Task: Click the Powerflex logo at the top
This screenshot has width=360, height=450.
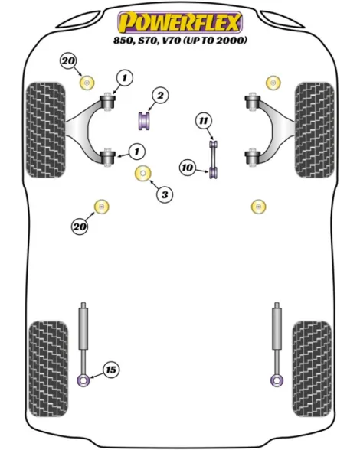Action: click(x=180, y=21)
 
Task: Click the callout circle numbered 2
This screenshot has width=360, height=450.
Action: click(x=160, y=95)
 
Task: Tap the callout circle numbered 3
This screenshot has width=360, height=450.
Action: click(x=165, y=195)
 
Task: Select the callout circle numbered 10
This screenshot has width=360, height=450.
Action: click(x=188, y=168)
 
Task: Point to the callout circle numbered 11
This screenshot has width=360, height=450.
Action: click(x=204, y=121)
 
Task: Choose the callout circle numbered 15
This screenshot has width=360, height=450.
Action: click(x=111, y=370)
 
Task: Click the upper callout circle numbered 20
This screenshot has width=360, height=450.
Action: click(x=68, y=61)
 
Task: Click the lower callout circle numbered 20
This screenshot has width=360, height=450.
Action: click(x=80, y=227)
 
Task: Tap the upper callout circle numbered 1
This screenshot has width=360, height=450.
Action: click(x=125, y=78)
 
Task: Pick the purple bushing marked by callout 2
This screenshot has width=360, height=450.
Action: click(x=145, y=121)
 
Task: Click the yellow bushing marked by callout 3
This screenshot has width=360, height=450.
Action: click(x=143, y=174)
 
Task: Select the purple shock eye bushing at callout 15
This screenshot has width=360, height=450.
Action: click(x=83, y=381)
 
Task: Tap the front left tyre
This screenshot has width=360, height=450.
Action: click(x=46, y=130)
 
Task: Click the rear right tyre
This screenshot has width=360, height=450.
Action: click(x=312, y=369)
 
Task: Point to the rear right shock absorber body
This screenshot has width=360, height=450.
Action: click(x=277, y=328)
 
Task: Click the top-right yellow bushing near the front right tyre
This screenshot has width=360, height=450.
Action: click(x=273, y=83)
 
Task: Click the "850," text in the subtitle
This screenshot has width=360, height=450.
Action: click(x=124, y=41)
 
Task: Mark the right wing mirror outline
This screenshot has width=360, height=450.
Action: click(x=282, y=19)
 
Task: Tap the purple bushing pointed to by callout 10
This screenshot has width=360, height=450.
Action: click(x=214, y=172)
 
